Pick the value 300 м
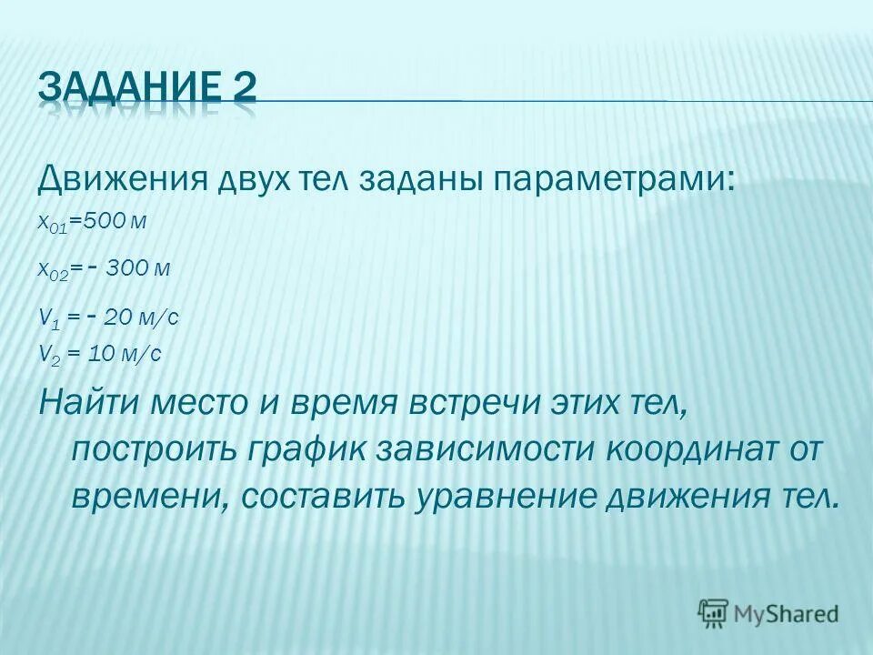(137, 270)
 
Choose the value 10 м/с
(124, 354)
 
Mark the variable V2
(46, 355)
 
